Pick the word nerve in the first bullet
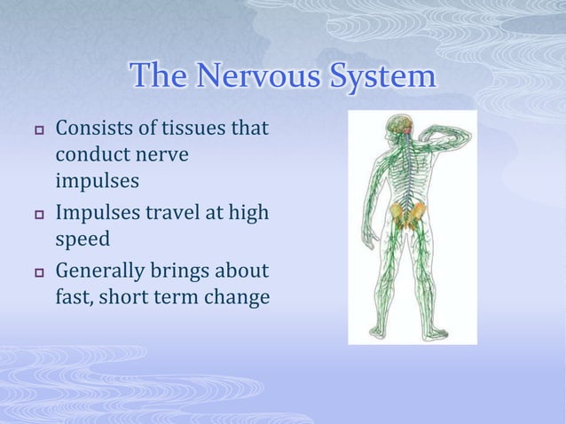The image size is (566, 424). click(x=162, y=156)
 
